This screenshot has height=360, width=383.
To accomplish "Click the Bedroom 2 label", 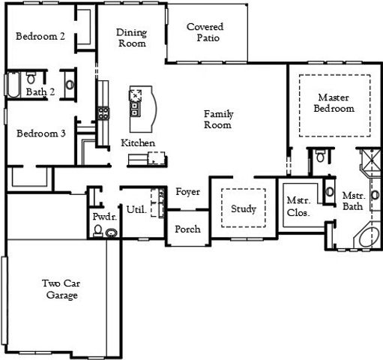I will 40,36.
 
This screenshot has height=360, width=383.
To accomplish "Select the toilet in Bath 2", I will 32,78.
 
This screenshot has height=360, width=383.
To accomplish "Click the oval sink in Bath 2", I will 70,85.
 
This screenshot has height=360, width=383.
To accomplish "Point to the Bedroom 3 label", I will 41,133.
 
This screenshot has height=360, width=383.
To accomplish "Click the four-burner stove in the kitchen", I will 102,114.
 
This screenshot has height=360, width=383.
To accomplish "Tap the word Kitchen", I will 138,142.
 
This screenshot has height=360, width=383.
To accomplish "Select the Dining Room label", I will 131,38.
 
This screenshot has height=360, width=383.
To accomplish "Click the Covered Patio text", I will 205,33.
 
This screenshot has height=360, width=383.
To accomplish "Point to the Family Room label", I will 219,119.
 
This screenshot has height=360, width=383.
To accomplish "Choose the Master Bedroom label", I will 335,103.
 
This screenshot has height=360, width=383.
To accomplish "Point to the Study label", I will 243,208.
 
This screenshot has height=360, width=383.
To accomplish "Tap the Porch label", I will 187,229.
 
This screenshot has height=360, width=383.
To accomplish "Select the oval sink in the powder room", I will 112,233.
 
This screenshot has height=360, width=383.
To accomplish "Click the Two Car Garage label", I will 59,289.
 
